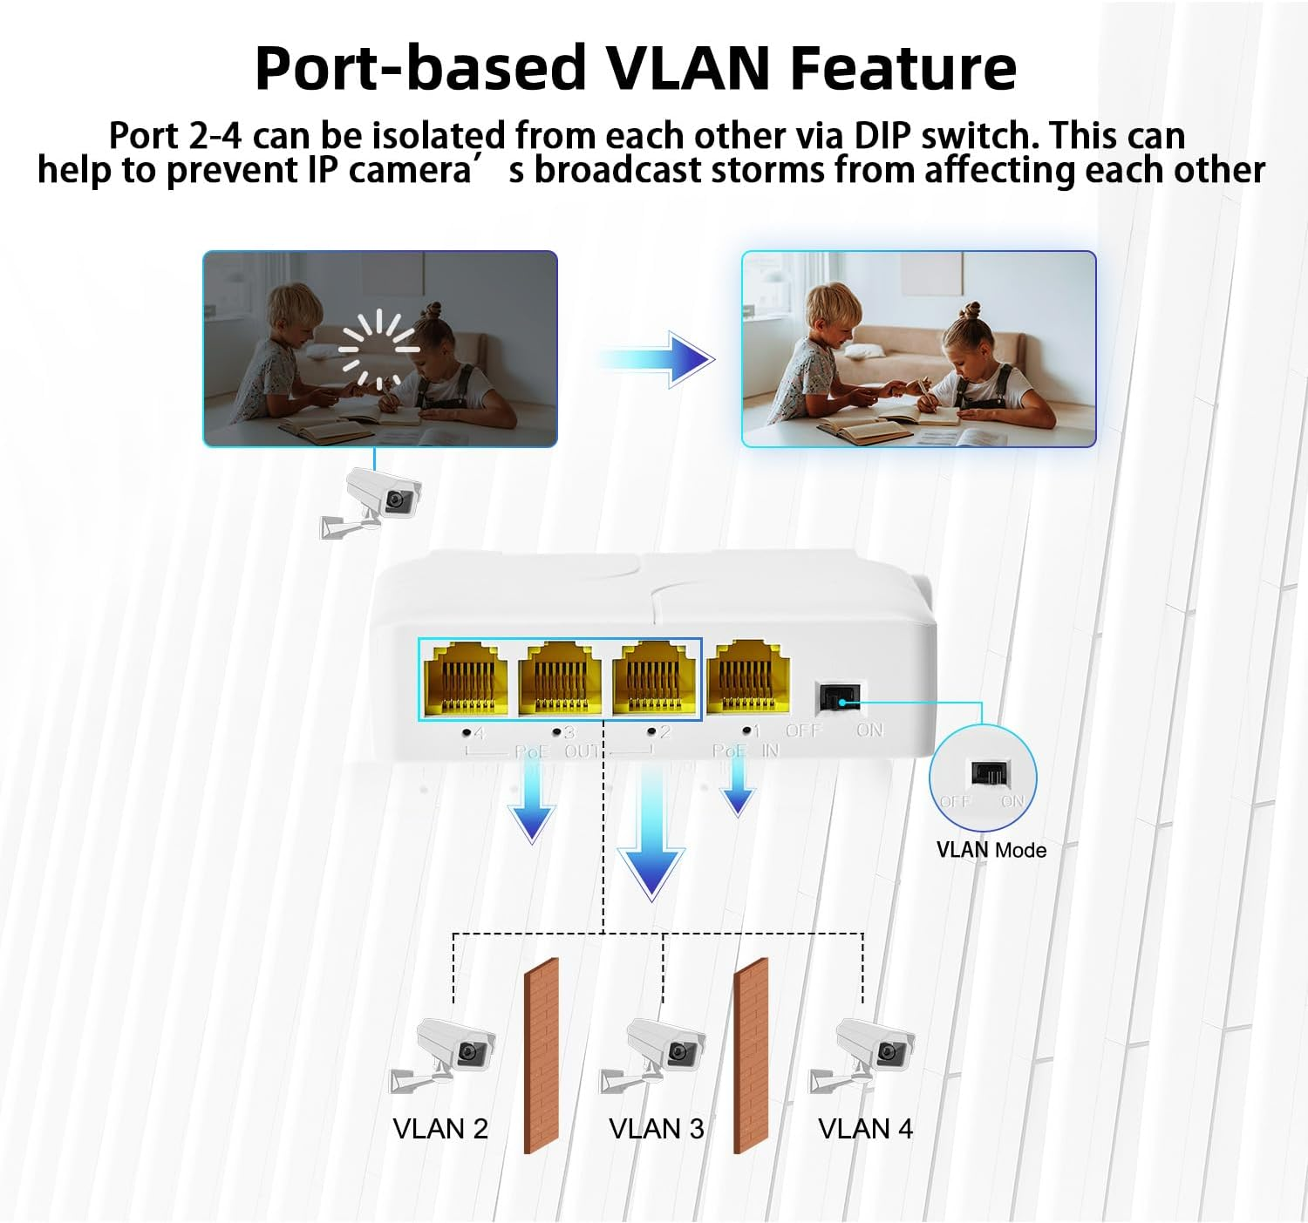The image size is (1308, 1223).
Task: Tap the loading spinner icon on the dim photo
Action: point(379,350)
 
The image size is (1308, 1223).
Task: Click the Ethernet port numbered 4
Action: point(465,678)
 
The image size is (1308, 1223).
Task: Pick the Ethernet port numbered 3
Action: point(560,678)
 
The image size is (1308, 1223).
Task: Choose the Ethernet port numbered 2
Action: point(654,678)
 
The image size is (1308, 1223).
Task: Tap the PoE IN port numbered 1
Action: point(748,676)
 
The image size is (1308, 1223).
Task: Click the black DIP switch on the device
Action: point(838,696)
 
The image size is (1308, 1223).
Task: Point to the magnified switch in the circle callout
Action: point(990,773)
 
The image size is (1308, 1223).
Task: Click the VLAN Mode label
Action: point(991,850)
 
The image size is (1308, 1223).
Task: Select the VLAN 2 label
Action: point(440,1129)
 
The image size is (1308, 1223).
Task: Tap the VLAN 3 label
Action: point(656,1129)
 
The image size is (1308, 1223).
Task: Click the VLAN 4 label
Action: point(865,1129)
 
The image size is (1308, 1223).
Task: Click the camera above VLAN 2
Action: point(445,1053)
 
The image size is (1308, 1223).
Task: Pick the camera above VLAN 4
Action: point(863,1053)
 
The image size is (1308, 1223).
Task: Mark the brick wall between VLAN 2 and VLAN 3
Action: point(541,1055)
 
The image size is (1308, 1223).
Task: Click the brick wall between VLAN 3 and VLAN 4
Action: point(751,1055)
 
